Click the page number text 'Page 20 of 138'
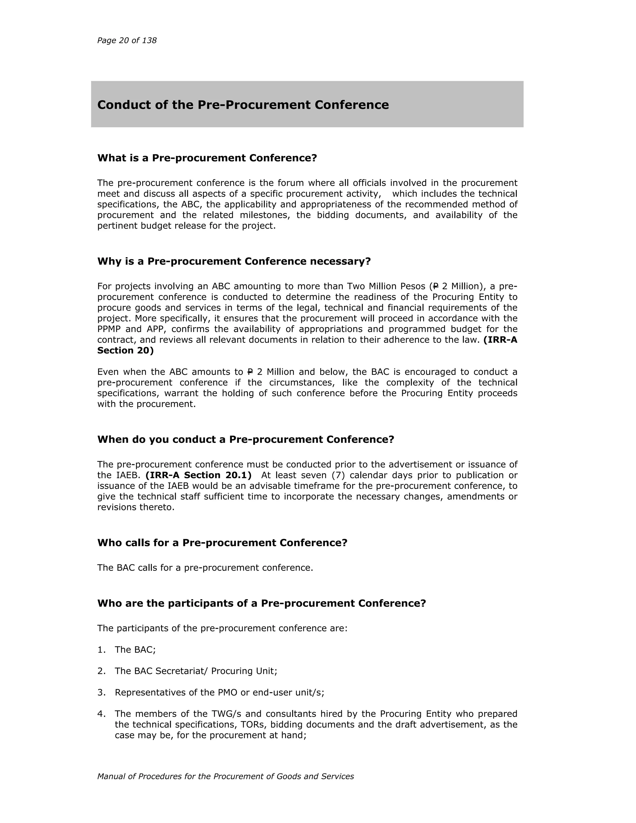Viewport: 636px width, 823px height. click(127, 40)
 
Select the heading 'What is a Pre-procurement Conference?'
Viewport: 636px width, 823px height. click(207, 158)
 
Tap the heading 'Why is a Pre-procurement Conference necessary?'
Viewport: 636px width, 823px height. click(234, 261)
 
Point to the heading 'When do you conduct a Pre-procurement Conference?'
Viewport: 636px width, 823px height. click(245, 439)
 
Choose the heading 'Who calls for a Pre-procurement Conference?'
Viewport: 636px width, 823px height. click(222, 543)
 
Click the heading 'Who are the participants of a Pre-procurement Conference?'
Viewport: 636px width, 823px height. click(261, 603)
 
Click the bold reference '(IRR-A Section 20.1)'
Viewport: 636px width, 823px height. click(198, 475)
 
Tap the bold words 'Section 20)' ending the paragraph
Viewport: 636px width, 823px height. click(125, 350)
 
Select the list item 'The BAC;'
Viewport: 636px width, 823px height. click(135, 650)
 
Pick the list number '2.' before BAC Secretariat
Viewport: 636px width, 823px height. click(101, 671)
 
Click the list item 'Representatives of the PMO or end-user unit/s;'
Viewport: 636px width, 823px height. click(219, 693)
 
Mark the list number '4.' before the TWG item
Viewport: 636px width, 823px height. click(101, 714)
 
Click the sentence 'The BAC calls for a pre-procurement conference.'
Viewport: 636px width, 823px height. click(205, 567)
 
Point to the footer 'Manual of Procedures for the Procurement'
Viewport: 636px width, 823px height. click(225, 776)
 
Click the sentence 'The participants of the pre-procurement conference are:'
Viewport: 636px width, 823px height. click(222, 628)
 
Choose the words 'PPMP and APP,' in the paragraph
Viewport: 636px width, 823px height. click(131, 329)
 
